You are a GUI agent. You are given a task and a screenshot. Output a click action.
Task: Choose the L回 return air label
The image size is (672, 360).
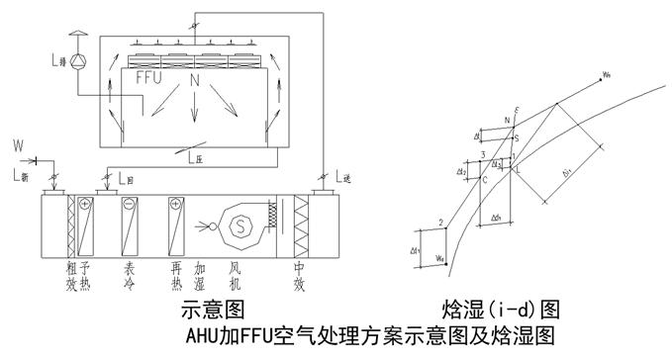point(126,180)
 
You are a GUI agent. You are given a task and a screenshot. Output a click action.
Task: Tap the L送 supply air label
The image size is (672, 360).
point(343,178)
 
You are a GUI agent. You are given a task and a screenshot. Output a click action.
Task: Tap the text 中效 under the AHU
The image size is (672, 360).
point(297,274)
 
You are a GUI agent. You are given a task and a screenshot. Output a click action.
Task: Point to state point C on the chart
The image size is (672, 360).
point(484,180)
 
